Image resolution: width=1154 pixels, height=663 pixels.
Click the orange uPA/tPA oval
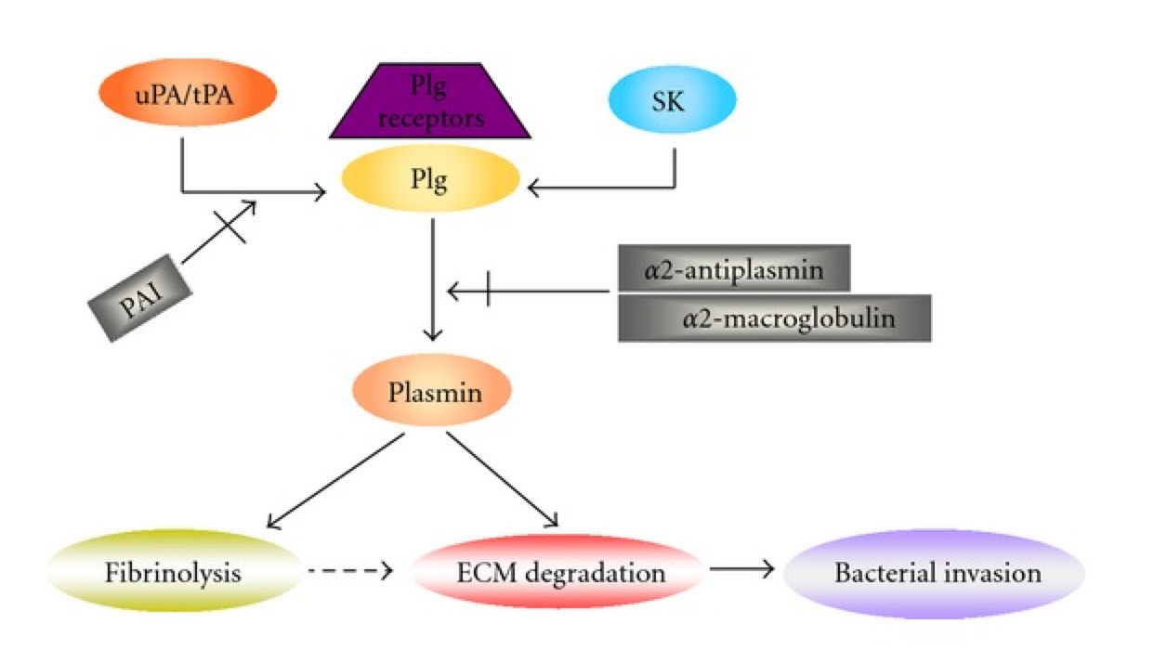tap(187, 97)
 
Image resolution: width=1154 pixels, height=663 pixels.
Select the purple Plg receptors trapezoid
tap(430, 102)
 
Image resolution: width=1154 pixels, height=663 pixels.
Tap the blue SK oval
tap(672, 101)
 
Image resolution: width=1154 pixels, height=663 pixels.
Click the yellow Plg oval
tap(429, 180)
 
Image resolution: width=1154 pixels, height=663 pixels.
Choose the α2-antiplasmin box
tap(733, 270)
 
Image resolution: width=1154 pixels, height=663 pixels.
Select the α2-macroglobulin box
tap(774, 318)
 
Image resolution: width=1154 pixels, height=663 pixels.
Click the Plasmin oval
tap(431, 393)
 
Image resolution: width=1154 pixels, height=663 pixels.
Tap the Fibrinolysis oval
tap(173, 572)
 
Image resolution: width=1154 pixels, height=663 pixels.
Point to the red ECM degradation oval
tap(557, 572)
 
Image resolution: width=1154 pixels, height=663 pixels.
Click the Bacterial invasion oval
tap(935, 572)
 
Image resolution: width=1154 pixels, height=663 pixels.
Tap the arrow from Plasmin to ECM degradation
tap(502, 480)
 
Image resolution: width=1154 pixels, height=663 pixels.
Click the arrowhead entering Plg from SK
tap(534, 190)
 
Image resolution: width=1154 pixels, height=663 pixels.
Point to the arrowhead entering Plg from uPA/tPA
tap(320, 192)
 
